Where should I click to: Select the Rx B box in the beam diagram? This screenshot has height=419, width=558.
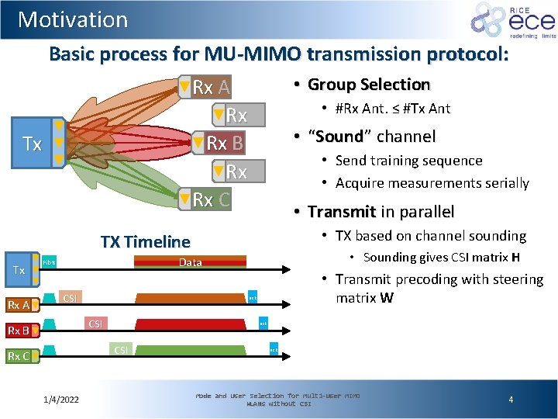pyautogui.click(x=219, y=144)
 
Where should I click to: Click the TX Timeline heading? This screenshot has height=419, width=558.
pyautogui.click(x=145, y=241)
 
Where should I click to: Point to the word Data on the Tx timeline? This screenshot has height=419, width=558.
pyautogui.click(x=190, y=262)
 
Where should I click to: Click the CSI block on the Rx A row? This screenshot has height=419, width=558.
pyautogui.click(x=70, y=298)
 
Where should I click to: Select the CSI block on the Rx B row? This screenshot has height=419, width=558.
pyautogui.click(x=95, y=323)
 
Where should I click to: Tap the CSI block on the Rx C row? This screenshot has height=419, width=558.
pyautogui.click(x=120, y=350)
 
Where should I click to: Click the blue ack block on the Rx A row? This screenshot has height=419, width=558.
pyautogui.click(x=252, y=299)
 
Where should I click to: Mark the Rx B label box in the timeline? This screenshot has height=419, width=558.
pyautogui.click(x=19, y=331)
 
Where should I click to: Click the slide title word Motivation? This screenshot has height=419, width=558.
pyautogui.click(x=73, y=19)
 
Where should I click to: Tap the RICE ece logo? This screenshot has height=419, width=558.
pyautogui.click(x=512, y=20)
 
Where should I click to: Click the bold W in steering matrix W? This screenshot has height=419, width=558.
pyautogui.click(x=387, y=298)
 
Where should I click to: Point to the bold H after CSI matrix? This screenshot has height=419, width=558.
pyautogui.click(x=515, y=258)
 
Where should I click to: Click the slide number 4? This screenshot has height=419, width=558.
pyautogui.click(x=511, y=399)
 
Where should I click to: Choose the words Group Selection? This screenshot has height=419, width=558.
pyautogui.click(x=368, y=85)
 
